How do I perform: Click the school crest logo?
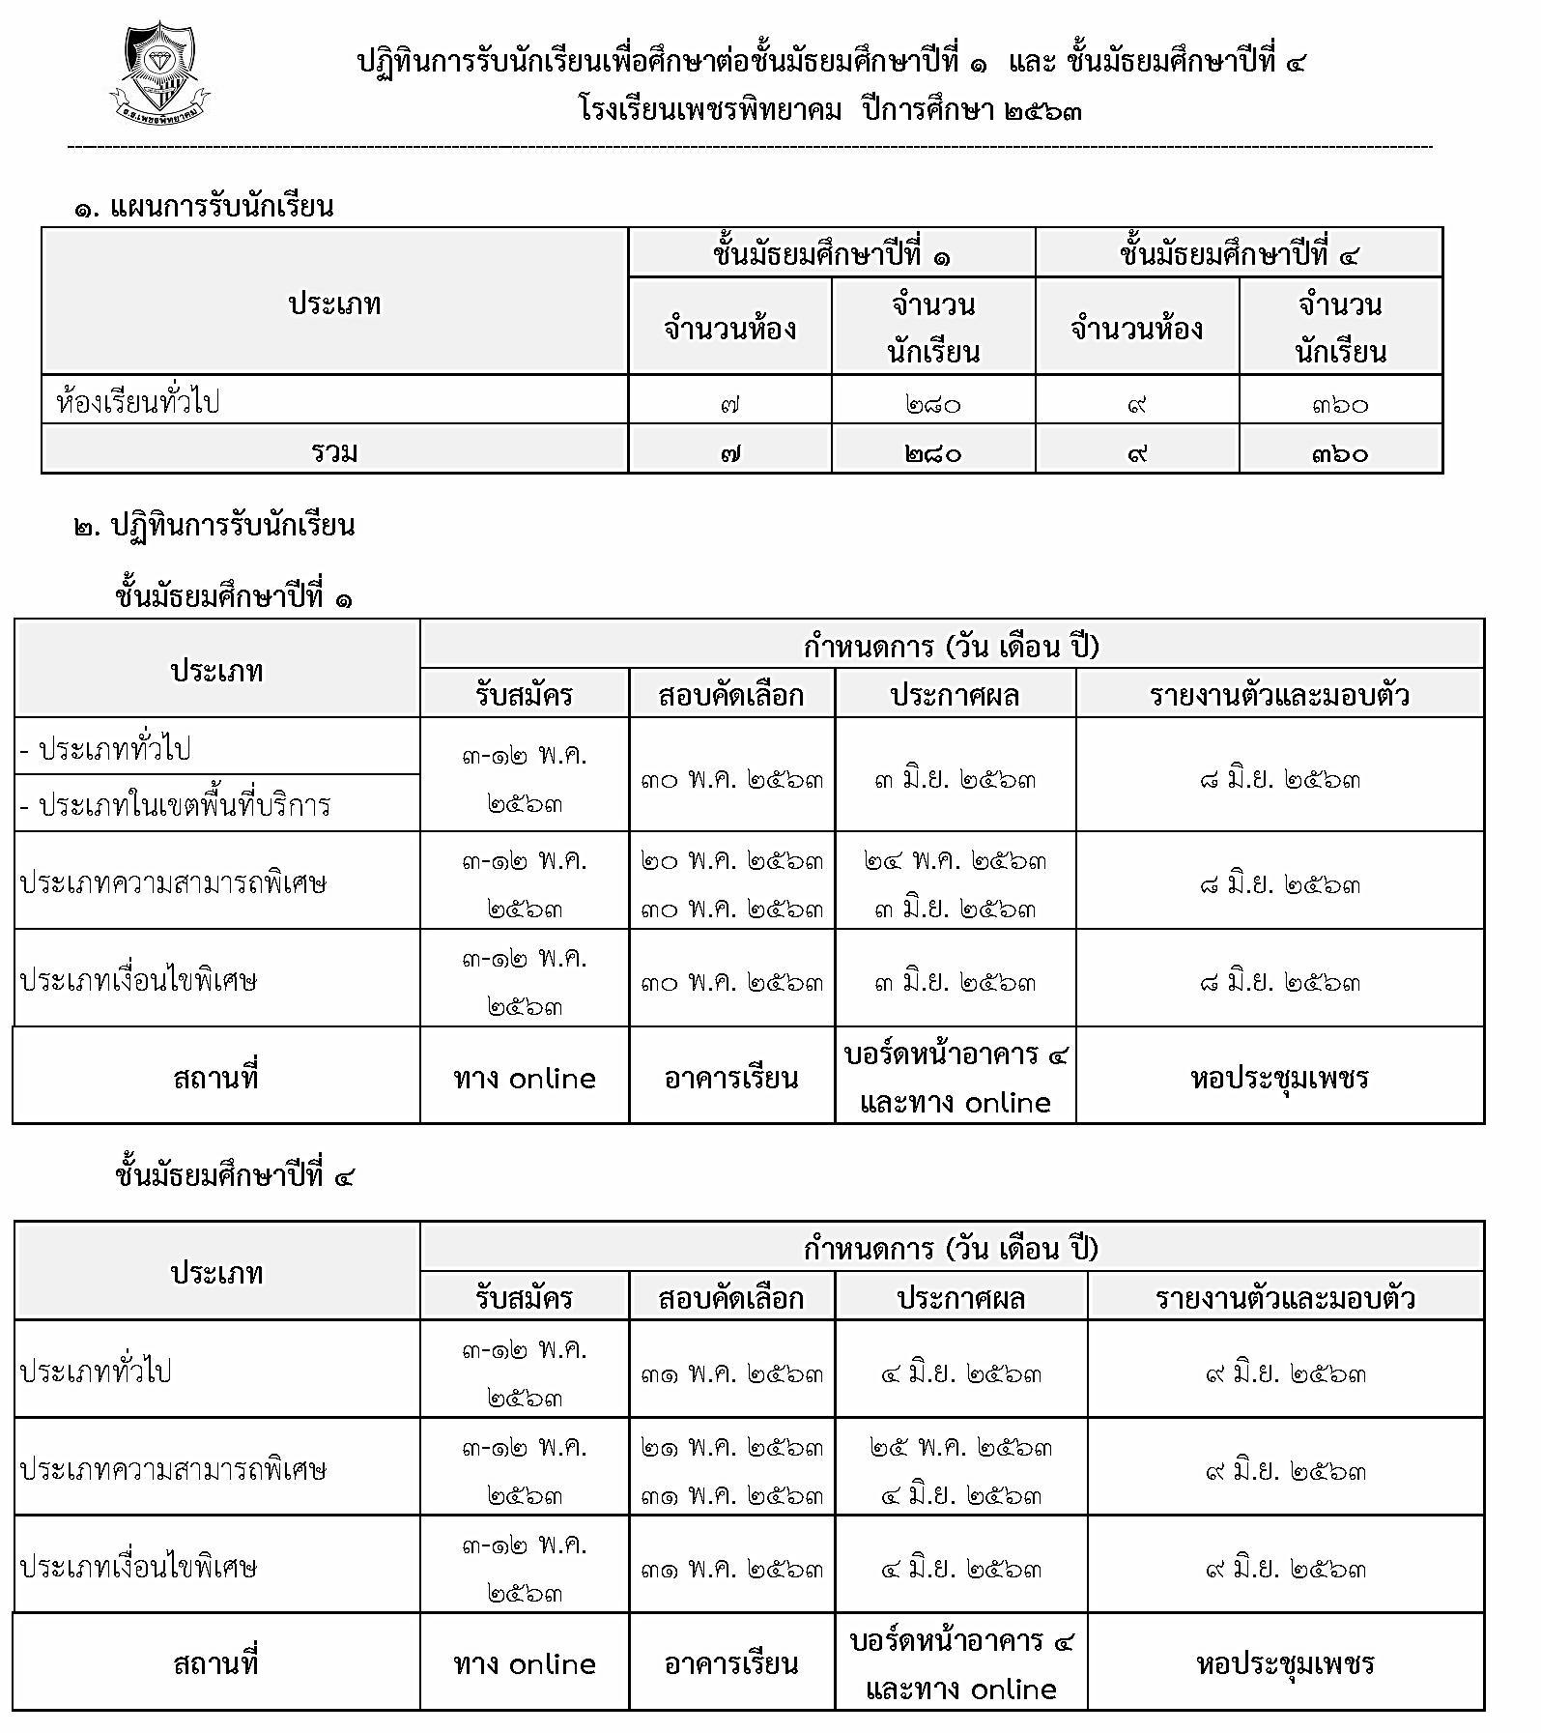[159, 75]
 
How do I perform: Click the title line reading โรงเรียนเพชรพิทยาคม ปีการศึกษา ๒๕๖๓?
[830, 109]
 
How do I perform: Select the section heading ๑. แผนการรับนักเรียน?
[204, 207]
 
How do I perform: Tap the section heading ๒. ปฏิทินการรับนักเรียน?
[214, 527]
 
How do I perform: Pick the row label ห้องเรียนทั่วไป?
[138, 401]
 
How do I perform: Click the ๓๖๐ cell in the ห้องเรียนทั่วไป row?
[1340, 404]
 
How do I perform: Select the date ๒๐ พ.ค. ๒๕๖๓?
[732, 860]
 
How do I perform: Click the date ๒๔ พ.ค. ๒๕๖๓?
[955, 860]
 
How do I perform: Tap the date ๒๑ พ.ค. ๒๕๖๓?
[732, 1447]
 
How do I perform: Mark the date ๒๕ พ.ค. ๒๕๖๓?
[960, 1447]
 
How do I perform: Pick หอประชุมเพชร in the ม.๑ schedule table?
[1279, 1077]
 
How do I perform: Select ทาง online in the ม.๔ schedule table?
[524, 1663]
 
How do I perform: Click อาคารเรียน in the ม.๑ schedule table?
[731, 1077]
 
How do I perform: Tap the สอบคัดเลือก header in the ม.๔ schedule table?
[731, 1298]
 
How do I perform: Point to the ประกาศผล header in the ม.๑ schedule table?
[955, 695]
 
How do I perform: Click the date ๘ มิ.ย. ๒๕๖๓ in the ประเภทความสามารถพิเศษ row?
[1279, 883]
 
